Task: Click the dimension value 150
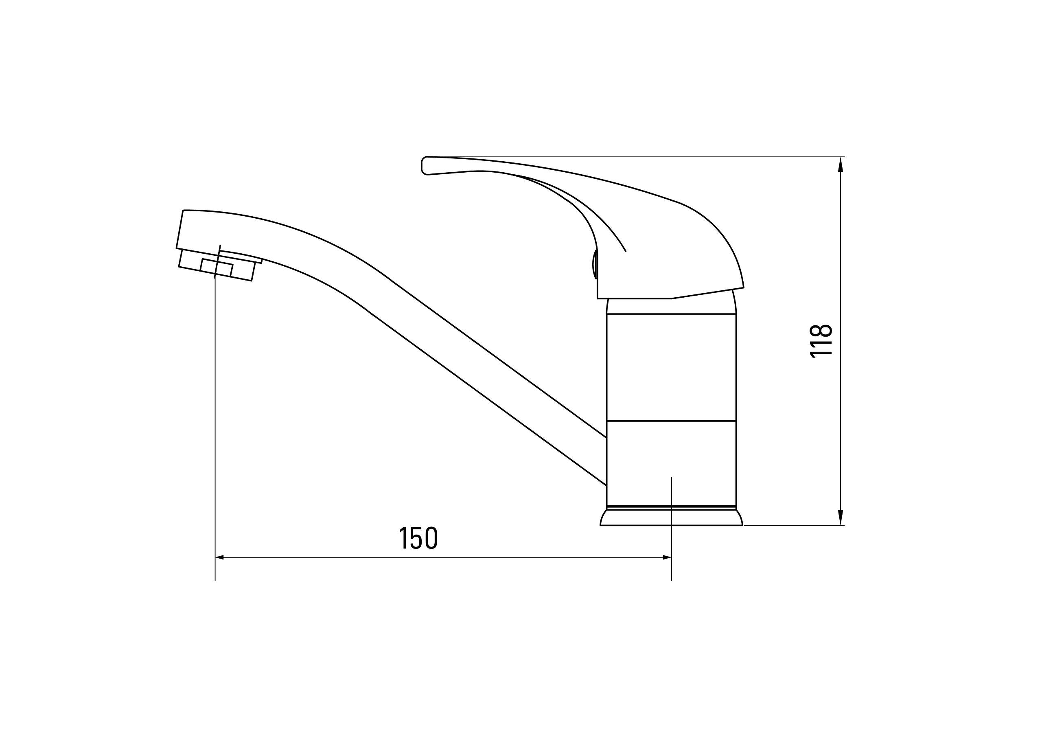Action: [x=418, y=538]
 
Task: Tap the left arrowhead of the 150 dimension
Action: [x=220, y=557]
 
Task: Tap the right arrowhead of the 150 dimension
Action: [x=667, y=557]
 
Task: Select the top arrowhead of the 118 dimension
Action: [x=841, y=164]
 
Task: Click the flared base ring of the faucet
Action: [x=671, y=518]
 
